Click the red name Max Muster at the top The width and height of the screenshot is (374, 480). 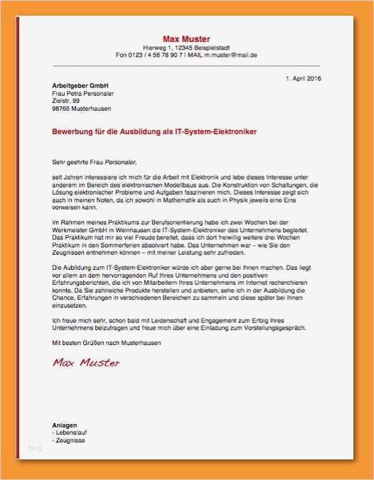click(186, 38)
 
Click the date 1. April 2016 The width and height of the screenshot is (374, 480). click(304, 77)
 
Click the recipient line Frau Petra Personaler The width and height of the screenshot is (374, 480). click(82, 93)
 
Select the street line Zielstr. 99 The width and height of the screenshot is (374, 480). click(66, 101)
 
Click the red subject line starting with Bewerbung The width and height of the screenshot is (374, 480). click(154, 132)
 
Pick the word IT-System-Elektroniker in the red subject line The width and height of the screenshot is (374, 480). click(216, 132)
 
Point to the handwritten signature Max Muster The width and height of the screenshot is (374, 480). click(85, 363)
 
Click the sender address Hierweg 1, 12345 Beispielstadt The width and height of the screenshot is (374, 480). click(186, 47)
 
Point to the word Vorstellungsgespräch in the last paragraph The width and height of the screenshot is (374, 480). click(274, 328)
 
